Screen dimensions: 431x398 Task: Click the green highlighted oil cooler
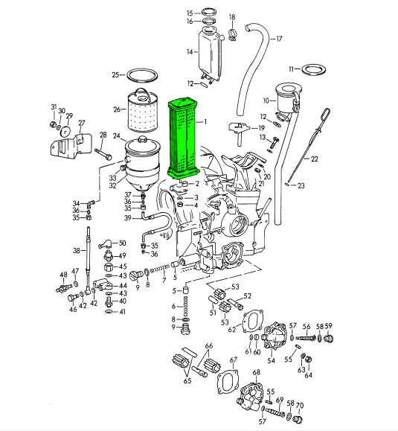point(183,138)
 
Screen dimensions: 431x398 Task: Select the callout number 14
point(190,51)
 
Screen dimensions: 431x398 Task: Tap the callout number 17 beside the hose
point(279,39)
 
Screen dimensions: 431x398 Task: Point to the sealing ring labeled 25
point(115,74)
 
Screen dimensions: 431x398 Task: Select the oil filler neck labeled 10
point(286,97)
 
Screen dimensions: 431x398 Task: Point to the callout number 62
point(232,328)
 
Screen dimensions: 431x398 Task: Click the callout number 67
point(233,360)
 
